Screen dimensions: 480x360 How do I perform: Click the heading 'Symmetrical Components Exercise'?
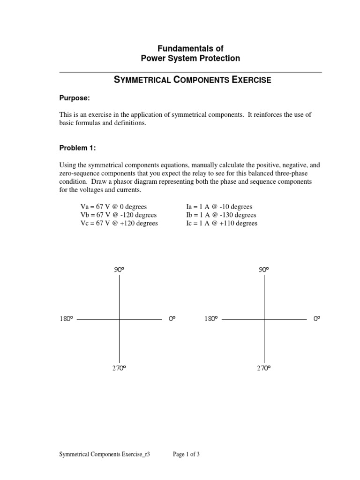coord(193,80)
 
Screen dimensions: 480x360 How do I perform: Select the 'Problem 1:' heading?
coord(78,148)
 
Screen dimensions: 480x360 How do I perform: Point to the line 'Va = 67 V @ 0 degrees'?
coord(114,207)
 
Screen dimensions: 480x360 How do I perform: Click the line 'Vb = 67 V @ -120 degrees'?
coord(118,215)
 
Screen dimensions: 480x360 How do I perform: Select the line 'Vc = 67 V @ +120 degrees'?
coord(120,224)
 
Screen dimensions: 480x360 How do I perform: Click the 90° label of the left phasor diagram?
coord(119,270)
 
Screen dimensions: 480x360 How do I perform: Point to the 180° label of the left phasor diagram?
coord(66,319)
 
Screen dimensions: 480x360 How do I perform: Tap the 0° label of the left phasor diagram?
coord(172,319)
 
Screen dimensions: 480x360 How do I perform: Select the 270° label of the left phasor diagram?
coord(119,368)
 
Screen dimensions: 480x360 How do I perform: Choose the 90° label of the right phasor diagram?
coord(264,270)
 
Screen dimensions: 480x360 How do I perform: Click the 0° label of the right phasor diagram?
coord(317,319)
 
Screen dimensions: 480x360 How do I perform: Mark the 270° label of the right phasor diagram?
coord(264,368)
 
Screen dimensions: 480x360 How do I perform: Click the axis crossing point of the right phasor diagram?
coord(264,319)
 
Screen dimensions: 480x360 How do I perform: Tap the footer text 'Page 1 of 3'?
coord(187,454)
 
